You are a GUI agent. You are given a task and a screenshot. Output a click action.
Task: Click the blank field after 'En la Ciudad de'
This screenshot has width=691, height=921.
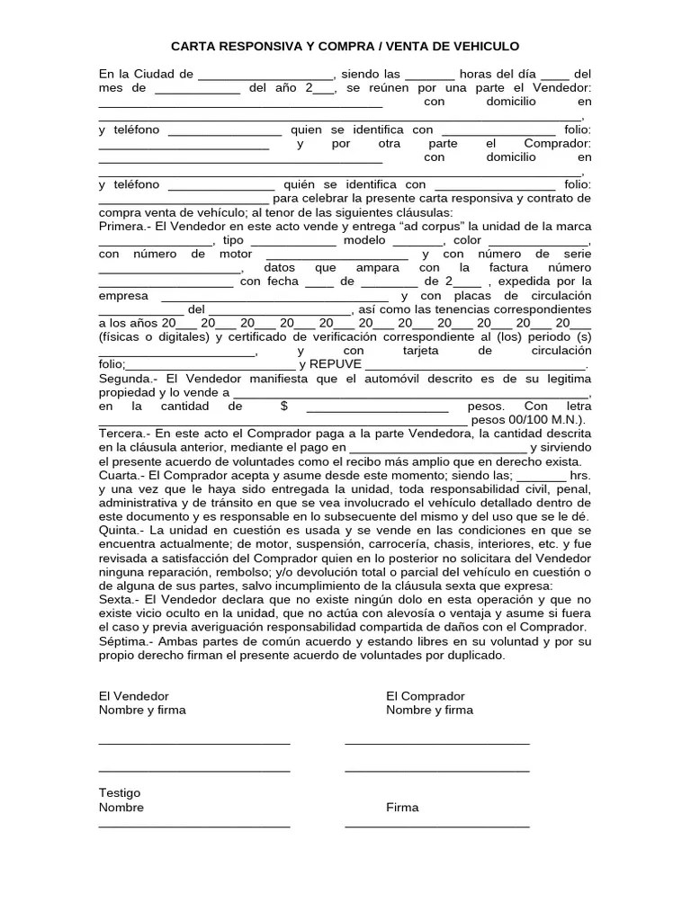[x=265, y=76]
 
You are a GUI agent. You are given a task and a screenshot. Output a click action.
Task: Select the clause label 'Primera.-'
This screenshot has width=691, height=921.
[x=124, y=226]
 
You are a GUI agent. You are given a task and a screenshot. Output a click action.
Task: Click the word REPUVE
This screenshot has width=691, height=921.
[x=335, y=364]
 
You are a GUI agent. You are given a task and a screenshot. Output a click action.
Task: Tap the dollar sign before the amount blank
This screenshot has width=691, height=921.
[x=283, y=407]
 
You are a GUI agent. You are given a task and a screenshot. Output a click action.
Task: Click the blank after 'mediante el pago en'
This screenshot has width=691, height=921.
[x=437, y=448]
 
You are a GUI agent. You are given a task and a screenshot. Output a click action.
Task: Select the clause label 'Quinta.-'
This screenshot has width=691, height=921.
[x=122, y=531]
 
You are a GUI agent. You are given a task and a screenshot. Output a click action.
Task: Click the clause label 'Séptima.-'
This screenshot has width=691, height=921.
[x=126, y=642]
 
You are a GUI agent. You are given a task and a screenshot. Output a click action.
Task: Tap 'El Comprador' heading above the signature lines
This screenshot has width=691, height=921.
[x=425, y=696]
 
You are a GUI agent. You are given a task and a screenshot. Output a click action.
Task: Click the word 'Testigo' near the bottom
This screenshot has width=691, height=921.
[x=120, y=793]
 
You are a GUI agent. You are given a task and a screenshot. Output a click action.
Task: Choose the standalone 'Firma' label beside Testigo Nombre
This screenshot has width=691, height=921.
[x=402, y=807]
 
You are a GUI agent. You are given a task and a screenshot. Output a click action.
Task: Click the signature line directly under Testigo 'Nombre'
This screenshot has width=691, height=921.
[x=194, y=826]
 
